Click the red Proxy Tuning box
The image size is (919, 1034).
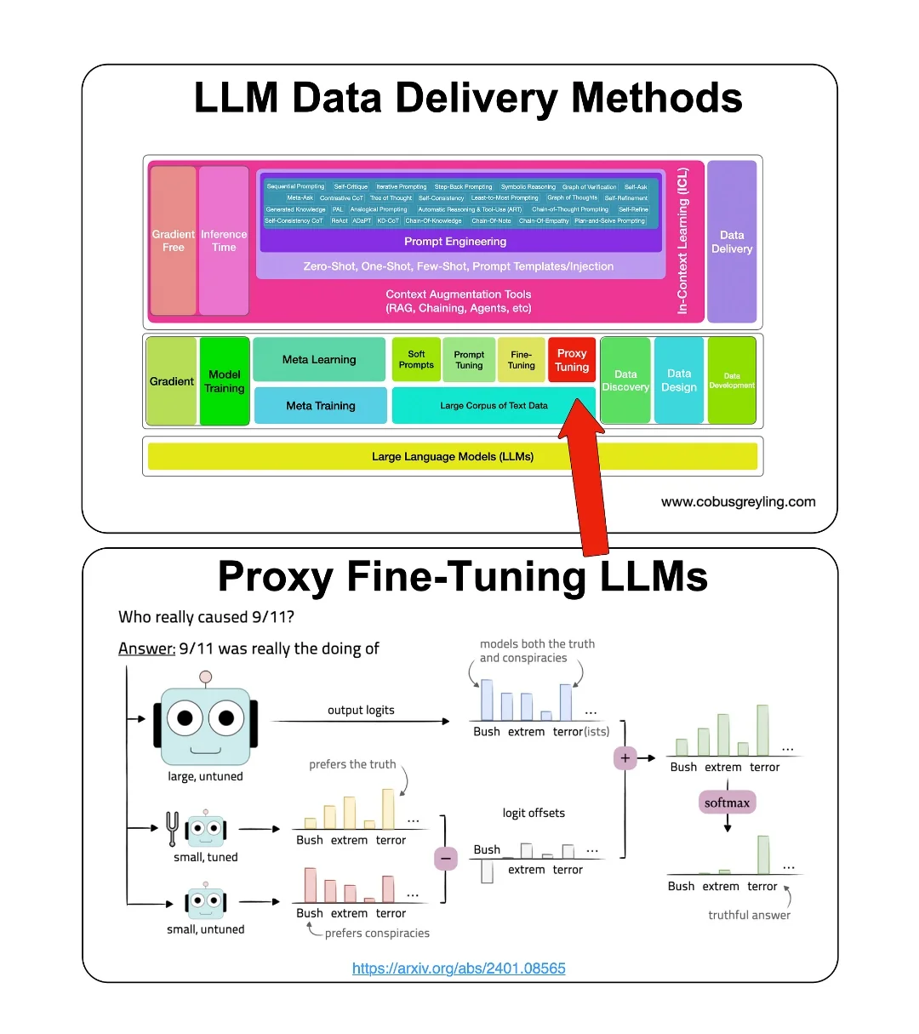[571, 360]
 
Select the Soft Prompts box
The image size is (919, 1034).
[416, 360]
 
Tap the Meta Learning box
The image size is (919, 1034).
[319, 360]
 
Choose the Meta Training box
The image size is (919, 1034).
[321, 406]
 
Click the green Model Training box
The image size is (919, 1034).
[225, 381]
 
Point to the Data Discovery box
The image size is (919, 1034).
[625, 380]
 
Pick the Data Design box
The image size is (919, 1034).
[679, 380]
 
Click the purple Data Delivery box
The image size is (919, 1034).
[732, 242]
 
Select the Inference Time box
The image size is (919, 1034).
[224, 241]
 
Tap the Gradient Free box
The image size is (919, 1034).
[174, 241]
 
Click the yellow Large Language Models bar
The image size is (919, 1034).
[453, 457]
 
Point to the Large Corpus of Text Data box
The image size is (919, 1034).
[494, 406]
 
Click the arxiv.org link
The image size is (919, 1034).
[459, 968]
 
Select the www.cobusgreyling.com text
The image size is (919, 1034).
[738, 502]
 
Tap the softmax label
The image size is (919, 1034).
[727, 803]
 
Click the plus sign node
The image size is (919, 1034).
[625, 757]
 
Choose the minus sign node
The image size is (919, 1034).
[446, 859]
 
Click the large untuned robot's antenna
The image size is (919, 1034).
[205, 677]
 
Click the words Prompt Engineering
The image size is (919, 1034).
[455, 242]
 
